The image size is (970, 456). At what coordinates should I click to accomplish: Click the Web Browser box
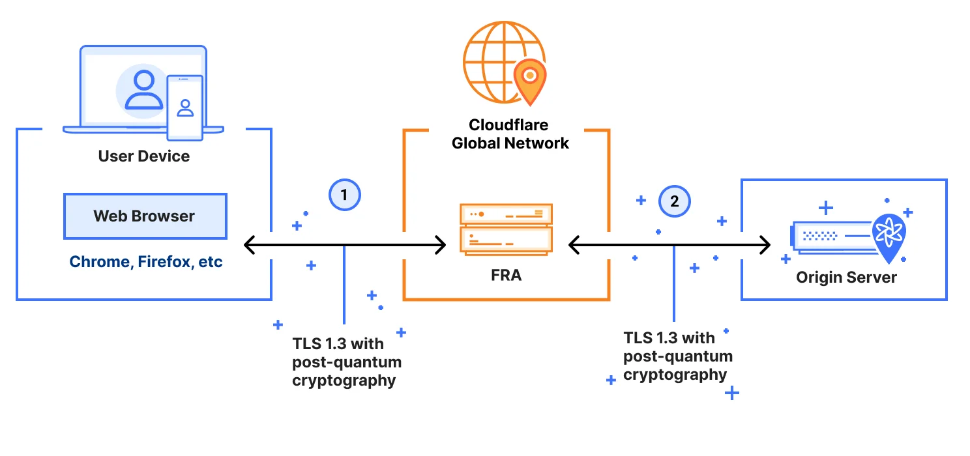point(145,216)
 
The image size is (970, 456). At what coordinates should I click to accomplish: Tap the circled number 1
point(344,194)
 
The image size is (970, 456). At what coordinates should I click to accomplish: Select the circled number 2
point(674,201)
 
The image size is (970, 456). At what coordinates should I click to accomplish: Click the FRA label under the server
point(506,275)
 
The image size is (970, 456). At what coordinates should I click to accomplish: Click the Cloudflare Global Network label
point(510,134)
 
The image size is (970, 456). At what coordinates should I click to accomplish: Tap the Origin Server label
point(846,278)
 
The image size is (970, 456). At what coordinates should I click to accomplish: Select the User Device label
point(144,156)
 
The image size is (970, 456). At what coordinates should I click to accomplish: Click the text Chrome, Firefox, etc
point(146,262)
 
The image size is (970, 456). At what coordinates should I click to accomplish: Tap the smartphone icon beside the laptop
point(184,107)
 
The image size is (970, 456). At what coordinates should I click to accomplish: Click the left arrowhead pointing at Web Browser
point(248,246)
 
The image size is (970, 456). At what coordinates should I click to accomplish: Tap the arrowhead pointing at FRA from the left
point(441,246)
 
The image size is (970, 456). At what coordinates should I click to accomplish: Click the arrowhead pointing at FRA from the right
point(574,246)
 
